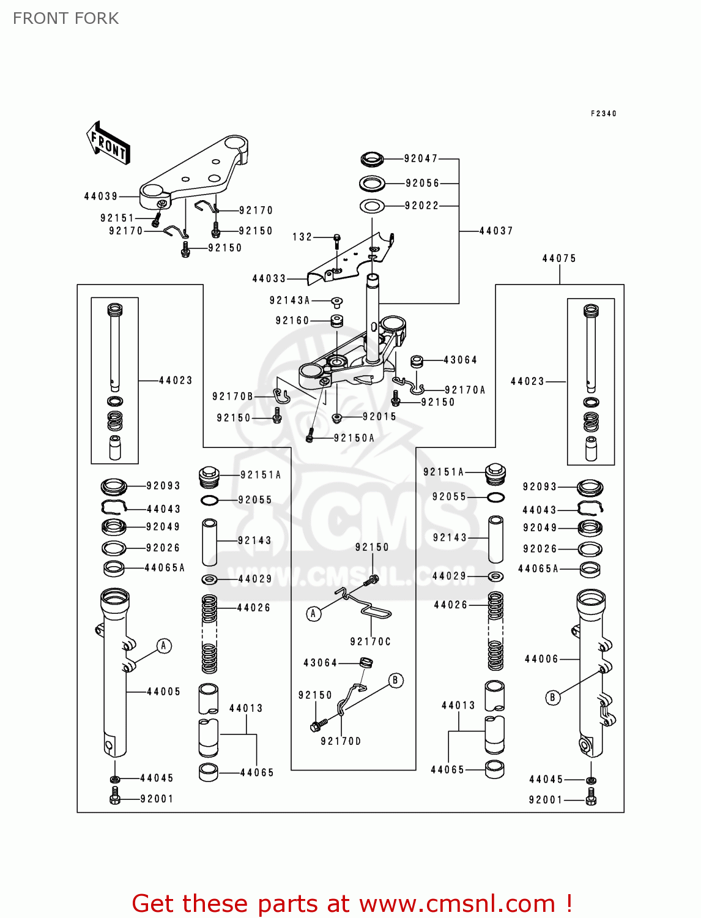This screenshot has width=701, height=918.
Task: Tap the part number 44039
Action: (101, 196)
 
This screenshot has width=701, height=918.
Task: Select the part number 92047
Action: (421, 159)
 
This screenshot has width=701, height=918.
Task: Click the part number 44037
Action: (496, 231)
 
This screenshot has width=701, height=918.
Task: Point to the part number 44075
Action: (559, 258)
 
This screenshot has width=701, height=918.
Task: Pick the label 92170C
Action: (370, 641)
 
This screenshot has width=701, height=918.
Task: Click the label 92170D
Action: (341, 741)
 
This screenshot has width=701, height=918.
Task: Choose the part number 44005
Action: (164, 692)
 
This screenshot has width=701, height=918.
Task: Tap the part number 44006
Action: (541, 659)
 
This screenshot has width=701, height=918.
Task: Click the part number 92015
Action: (379, 417)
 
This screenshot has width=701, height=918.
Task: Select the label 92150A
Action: (354, 438)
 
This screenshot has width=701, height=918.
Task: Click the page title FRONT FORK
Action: (66, 18)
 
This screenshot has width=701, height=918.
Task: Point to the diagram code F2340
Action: (604, 114)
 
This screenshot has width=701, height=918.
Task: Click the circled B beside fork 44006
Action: (553, 697)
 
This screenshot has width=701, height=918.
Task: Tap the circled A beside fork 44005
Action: (164, 646)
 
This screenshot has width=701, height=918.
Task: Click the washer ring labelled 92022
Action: (371, 206)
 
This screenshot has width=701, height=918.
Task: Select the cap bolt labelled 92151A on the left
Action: (209, 476)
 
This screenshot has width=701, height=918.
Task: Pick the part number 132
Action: (302, 237)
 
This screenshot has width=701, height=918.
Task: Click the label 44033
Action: (269, 278)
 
